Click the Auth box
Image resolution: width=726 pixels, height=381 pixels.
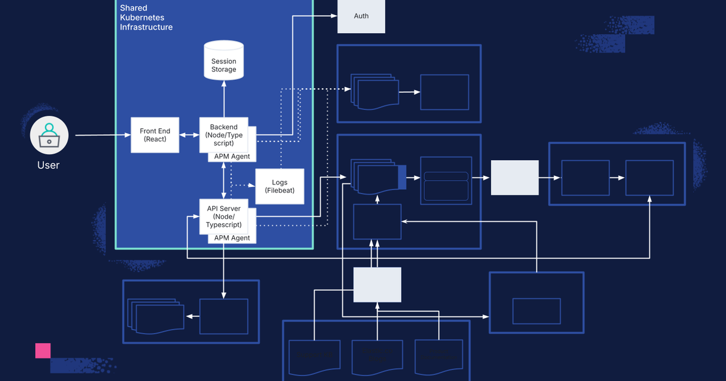[x=361, y=16]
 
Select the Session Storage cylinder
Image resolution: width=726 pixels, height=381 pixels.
[x=224, y=61]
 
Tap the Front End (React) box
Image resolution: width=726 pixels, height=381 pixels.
[x=155, y=135]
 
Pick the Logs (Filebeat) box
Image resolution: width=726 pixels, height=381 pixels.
[x=280, y=186]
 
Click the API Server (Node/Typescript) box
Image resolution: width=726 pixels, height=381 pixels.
[x=224, y=217]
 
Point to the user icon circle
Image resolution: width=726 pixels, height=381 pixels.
[x=49, y=135]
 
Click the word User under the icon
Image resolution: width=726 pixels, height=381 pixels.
[x=48, y=165]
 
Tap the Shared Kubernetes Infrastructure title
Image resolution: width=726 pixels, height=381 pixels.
[x=146, y=18]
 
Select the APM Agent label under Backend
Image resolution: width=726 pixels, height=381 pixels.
[x=232, y=157]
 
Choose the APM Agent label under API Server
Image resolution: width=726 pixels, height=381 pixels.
[x=232, y=238]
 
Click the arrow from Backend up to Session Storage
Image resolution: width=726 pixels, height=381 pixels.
[x=224, y=99]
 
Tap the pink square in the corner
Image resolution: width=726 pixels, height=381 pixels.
[x=42, y=351]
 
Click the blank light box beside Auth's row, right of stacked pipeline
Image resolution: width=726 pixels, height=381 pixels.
[x=514, y=178]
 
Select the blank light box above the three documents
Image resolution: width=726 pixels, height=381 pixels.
[x=378, y=285]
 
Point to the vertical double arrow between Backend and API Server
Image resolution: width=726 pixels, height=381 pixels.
[x=224, y=180]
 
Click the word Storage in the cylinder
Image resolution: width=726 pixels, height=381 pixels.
[x=224, y=70]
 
